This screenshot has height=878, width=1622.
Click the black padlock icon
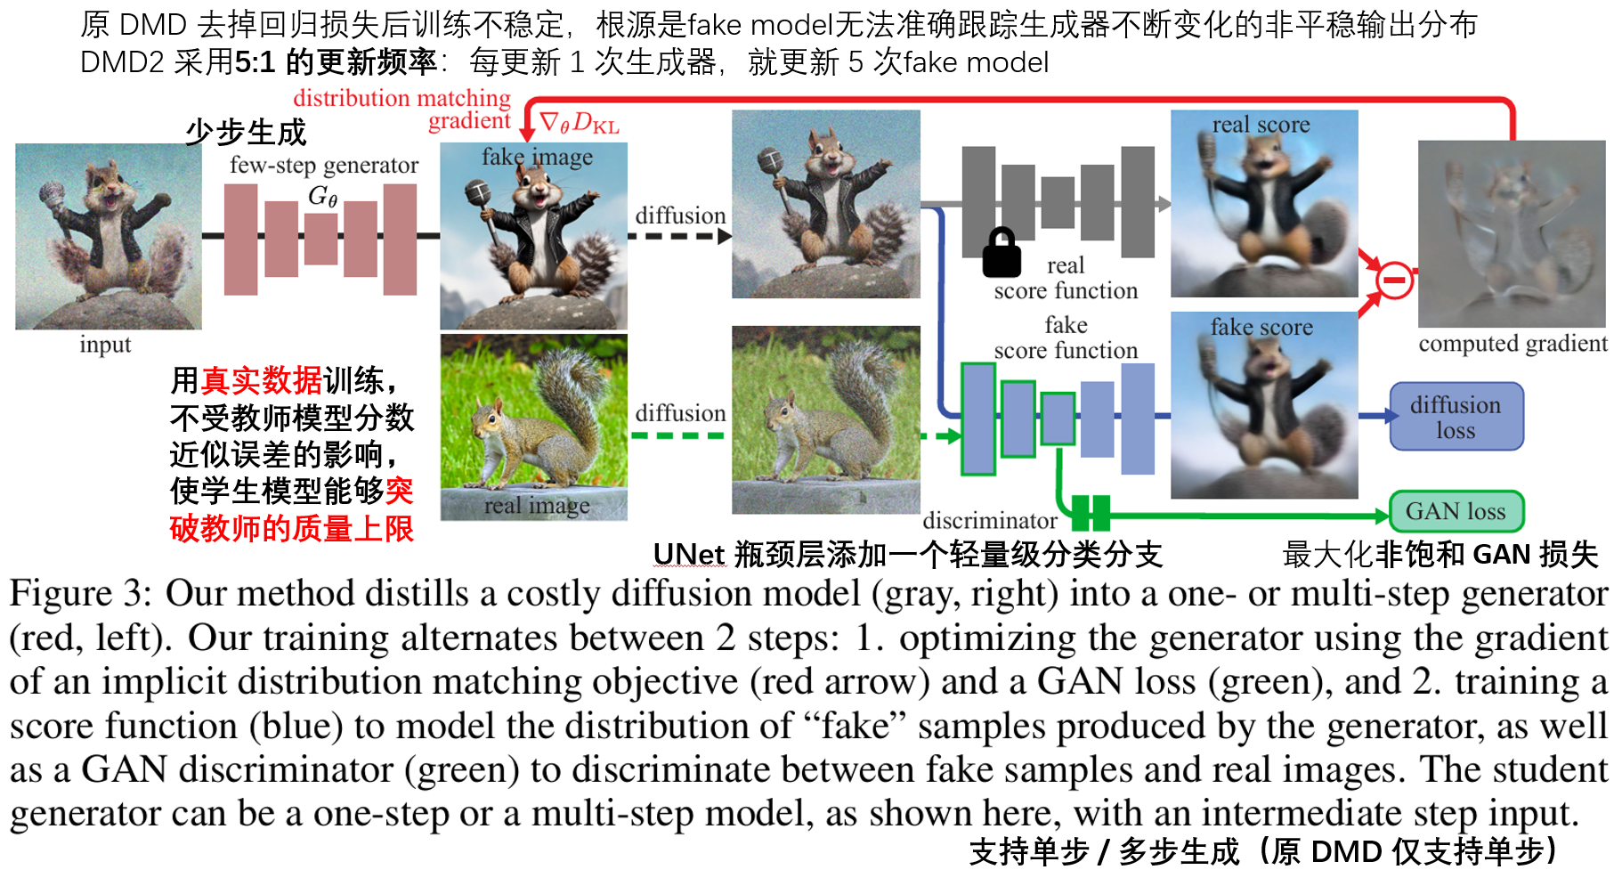(1002, 253)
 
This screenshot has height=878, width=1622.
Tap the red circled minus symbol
(1394, 280)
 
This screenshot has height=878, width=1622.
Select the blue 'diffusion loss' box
(1456, 417)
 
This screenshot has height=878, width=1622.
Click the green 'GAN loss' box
(1456, 511)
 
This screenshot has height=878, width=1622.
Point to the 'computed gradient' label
(1513, 344)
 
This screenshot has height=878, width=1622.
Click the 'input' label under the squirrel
(105, 345)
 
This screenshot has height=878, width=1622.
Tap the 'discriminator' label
(990, 520)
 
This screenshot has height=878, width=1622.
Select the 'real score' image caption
(1261, 125)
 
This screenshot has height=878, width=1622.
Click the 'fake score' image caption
(1261, 328)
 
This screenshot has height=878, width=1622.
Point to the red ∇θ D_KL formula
(579, 123)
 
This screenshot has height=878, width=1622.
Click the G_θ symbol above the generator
(322, 196)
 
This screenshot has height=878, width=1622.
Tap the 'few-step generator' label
(323, 165)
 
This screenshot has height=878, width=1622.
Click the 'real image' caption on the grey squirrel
(537, 506)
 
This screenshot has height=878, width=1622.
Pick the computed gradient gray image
(1511, 234)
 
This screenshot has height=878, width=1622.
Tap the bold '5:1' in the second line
(257, 62)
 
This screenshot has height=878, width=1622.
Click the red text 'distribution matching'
(401, 98)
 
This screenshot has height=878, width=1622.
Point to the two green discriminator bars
(1091, 513)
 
